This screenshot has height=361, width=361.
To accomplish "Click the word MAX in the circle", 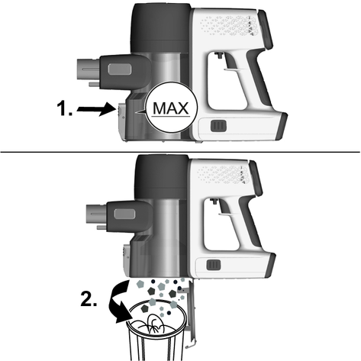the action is tap(171, 108).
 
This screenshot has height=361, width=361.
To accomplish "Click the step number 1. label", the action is tap(64, 108).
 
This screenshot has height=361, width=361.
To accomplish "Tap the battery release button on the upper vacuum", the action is tap(218, 126).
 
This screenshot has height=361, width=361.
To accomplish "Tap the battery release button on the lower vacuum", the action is tap(214, 265).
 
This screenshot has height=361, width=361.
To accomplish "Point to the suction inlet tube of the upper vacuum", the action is tap(88, 69).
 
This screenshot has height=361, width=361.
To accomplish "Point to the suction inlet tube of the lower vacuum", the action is tap(96, 214).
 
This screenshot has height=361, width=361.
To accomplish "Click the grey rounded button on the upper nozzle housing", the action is tap(120, 69).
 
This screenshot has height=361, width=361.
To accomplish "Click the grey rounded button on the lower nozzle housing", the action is tap(124, 214).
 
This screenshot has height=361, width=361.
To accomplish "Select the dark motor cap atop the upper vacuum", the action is tap(161, 27).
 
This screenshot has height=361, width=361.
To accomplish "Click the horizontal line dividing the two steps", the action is tap(180, 152).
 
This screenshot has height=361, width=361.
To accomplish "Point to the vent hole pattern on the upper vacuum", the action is tap(229, 25).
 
